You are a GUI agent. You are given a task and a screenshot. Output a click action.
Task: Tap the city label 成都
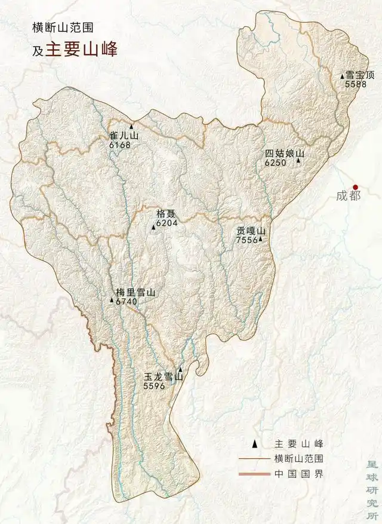349,196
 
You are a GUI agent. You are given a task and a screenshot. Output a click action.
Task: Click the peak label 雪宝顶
361,75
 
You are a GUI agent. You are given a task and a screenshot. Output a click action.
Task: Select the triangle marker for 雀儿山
131,127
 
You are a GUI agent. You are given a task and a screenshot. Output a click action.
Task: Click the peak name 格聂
165,213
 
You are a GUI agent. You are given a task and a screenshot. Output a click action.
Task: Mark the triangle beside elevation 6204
153,227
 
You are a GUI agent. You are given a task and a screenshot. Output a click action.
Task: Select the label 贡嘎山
250,231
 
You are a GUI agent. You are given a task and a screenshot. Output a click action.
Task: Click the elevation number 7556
247,240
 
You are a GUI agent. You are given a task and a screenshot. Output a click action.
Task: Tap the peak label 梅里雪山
135,293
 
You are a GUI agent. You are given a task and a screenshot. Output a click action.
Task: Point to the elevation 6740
127,302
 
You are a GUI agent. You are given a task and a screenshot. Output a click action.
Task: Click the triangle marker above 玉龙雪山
180,370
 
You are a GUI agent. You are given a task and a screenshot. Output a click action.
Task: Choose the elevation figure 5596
154,387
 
